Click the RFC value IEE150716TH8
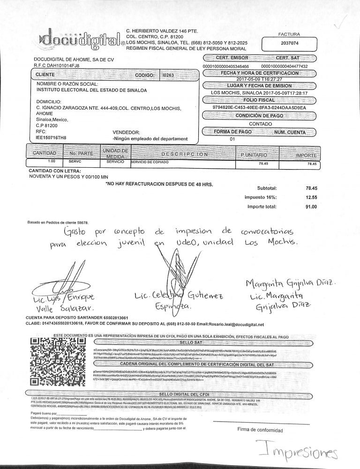49,139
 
